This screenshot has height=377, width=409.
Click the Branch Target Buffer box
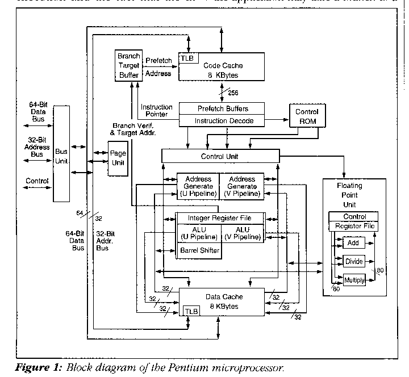click(128, 65)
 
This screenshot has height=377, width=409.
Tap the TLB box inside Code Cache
click(186, 58)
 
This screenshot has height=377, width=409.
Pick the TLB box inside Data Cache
click(191, 312)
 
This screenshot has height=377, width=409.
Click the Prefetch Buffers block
click(222, 108)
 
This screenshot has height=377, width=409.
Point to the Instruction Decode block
click(222, 120)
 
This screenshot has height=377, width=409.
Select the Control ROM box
click(307, 116)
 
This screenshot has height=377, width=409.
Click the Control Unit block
click(220, 156)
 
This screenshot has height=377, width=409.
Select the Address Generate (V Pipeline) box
click(241, 186)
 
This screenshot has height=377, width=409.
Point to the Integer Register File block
click(220, 217)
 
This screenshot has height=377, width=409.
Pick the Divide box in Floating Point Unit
click(353, 261)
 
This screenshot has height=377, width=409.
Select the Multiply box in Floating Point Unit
click(354, 279)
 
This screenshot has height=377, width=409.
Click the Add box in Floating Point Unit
click(353, 243)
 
